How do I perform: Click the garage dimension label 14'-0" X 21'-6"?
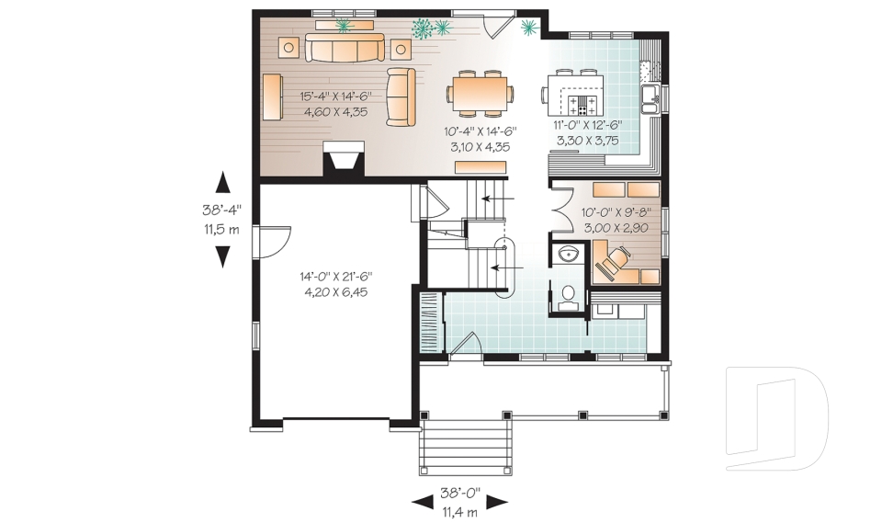(335, 276)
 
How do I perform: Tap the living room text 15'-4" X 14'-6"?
(334, 96)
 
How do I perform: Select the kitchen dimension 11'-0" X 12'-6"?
(589, 125)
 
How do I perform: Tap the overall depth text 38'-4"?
(221, 210)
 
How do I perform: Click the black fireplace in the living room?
(344, 159)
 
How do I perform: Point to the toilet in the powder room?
(568, 295)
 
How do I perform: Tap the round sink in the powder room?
(567, 254)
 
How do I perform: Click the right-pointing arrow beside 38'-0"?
(497, 501)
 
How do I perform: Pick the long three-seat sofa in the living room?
(345, 50)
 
